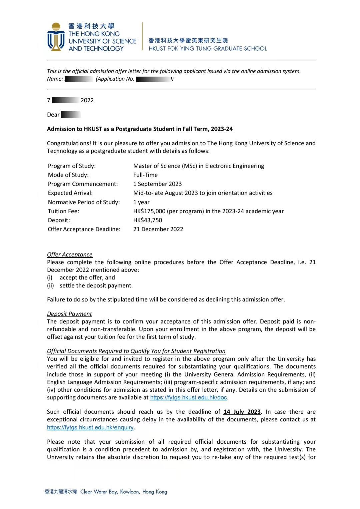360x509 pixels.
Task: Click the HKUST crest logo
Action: point(56,37)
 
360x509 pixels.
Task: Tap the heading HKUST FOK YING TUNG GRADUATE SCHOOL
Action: point(207,49)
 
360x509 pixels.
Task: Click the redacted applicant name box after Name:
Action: point(78,79)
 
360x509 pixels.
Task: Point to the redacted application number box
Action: point(154,79)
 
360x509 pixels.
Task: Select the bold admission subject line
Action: point(140,129)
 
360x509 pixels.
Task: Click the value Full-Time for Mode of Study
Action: point(145,175)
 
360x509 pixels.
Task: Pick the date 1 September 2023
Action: point(157,184)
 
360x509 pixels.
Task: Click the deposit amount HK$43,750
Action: point(148,220)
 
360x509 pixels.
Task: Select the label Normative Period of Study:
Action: point(84,202)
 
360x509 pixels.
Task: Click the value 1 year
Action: point(141,202)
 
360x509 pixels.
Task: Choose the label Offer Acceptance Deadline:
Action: point(84,229)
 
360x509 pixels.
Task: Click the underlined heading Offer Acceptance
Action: point(70,254)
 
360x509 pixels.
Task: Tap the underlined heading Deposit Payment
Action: point(69,314)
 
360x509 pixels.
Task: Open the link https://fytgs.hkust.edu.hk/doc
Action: point(188,397)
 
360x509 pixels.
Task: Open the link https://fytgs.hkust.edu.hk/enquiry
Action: point(90,427)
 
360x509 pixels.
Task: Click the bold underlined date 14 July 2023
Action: point(242,412)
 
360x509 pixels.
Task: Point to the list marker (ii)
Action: point(50,285)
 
